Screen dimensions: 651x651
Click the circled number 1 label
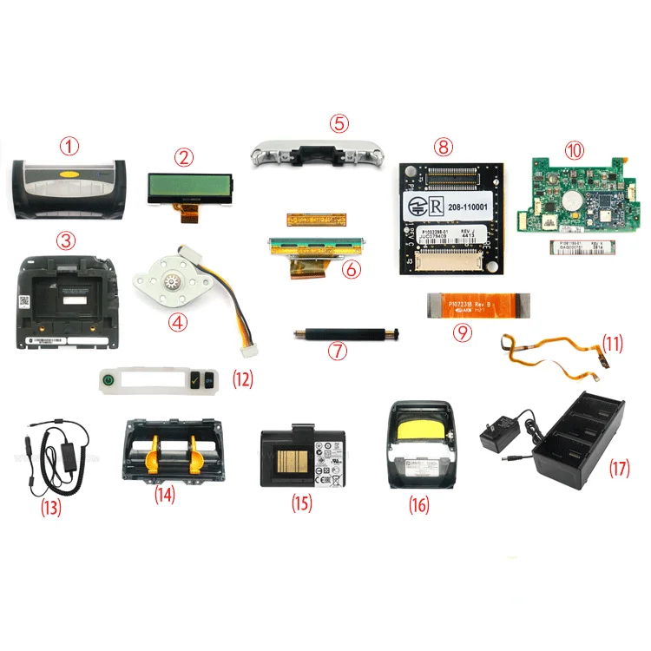69,147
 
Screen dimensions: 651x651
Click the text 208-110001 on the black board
468,208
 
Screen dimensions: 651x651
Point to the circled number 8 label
444,147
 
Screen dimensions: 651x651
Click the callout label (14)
166,495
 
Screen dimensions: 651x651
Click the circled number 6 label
352,270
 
